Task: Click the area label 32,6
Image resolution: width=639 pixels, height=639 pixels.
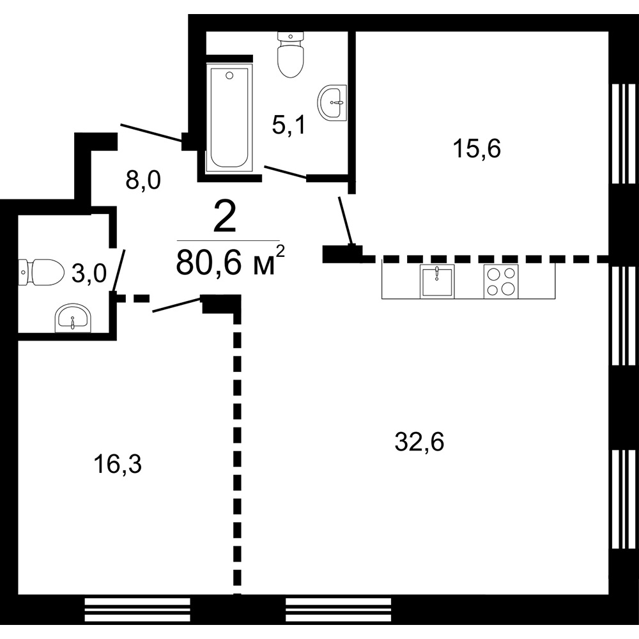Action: point(419,442)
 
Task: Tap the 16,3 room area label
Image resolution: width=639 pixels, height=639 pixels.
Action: point(117,465)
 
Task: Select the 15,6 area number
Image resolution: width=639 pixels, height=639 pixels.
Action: point(477,149)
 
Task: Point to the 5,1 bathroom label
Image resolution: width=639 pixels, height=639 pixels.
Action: point(288,125)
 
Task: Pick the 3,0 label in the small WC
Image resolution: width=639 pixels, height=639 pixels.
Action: point(88,273)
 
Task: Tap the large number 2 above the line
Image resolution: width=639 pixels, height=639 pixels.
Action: point(224,218)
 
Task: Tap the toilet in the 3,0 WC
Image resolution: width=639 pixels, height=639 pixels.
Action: point(42,272)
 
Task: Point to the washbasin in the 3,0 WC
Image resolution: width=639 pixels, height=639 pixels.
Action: point(73,318)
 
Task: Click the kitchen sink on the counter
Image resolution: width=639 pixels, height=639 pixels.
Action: point(436,281)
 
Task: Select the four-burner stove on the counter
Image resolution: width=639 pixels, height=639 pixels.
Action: point(500,281)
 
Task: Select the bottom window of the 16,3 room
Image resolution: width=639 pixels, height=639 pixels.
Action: point(137,609)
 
